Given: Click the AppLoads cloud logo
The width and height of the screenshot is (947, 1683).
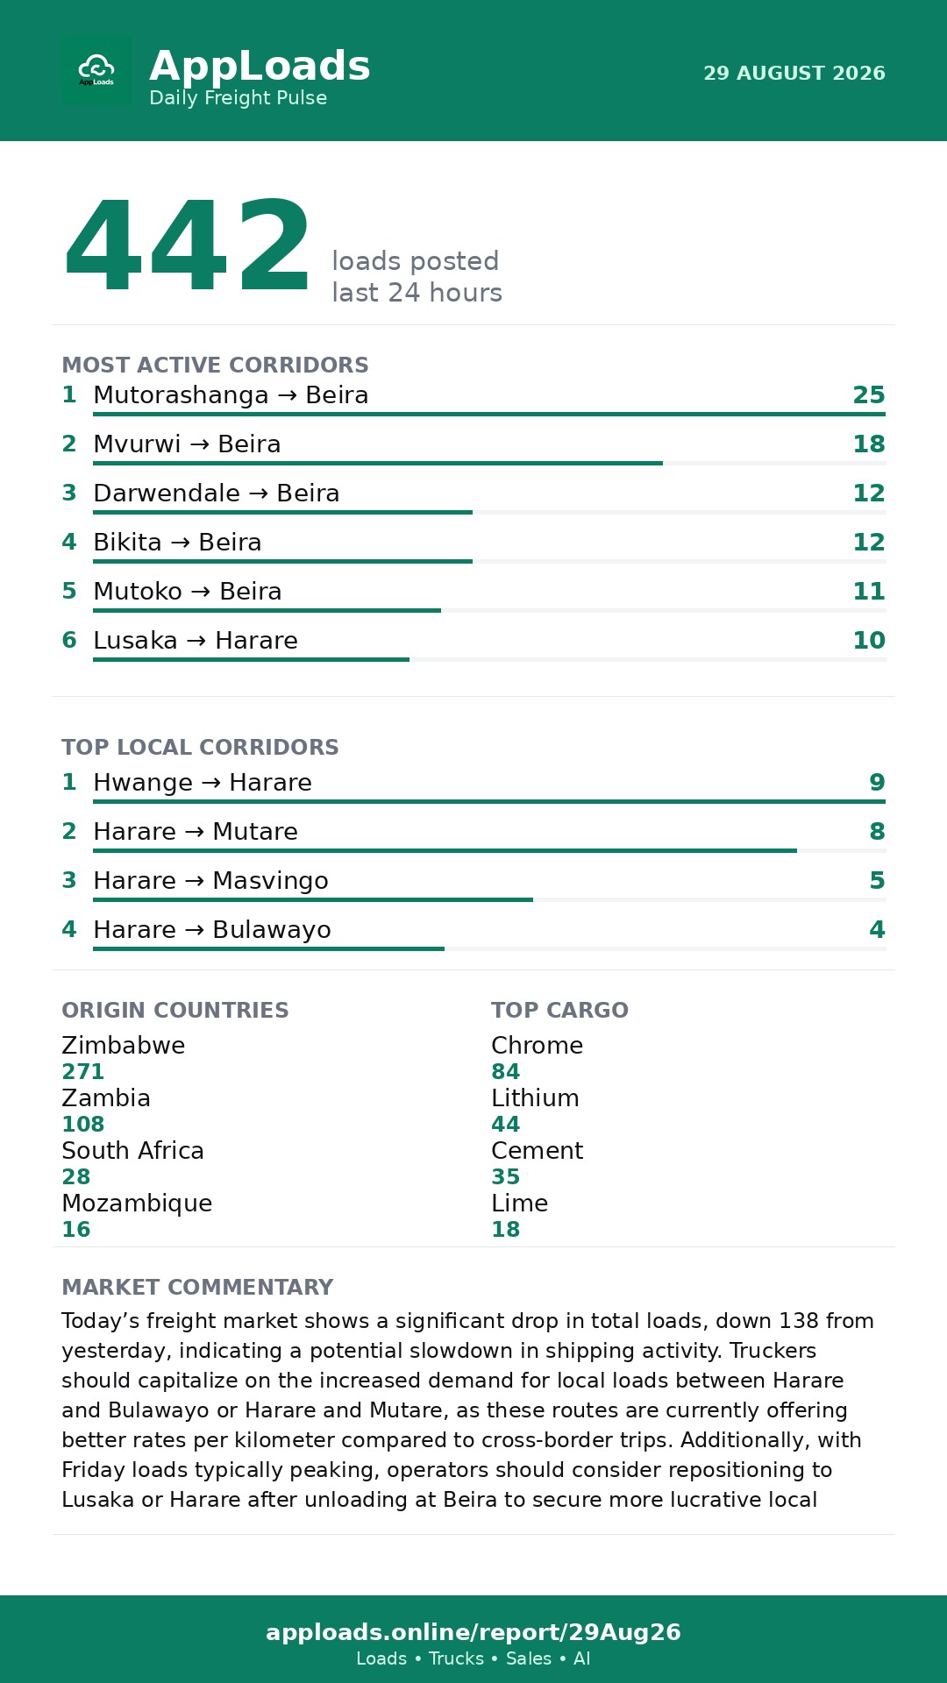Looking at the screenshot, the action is pyautogui.click(x=96, y=70).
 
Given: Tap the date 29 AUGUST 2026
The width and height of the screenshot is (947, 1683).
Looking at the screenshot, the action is pyautogui.click(x=794, y=73).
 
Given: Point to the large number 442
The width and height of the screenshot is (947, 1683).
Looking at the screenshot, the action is pyautogui.click(x=187, y=246).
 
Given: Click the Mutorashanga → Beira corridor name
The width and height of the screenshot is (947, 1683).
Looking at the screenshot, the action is pyautogui.click(x=231, y=395).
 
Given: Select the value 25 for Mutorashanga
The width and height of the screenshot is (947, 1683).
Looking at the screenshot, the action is pyautogui.click(x=869, y=395).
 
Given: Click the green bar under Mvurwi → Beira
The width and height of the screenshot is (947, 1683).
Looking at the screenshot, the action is pyautogui.click(x=378, y=463).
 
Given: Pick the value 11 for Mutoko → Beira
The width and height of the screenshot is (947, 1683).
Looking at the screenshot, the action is pyautogui.click(x=869, y=592).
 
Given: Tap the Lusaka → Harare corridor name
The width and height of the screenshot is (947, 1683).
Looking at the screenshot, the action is pyautogui.click(x=196, y=641).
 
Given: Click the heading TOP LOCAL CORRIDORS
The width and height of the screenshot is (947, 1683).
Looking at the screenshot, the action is pyautogui.click(x=200, y=747).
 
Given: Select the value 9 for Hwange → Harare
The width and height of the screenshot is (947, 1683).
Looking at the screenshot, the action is pyautogui.click(x=877, y=783).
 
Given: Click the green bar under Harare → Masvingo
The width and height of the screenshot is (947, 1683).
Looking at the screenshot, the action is pyautogui.click(x=313, y=899).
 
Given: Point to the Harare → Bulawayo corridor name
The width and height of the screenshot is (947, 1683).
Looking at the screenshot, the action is pyautogui.click(x=212, y=930).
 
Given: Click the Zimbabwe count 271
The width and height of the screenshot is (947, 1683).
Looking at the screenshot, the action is pyautogui.click(x=83, y=1072).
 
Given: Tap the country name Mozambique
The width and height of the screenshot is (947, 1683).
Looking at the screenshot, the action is pyautogui.click(x=137, y=1204).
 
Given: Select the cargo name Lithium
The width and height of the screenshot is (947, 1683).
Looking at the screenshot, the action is pyautogui.click(x=535, y=1098).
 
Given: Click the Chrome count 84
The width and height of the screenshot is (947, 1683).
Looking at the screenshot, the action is pyautogui.click(x=506, y=1072).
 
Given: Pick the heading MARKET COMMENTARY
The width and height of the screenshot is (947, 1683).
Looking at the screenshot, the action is pyautogui.click(x=197, y=1287).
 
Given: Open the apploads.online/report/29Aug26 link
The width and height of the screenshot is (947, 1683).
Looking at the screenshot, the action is pyautogui.click(x=473, y=1632).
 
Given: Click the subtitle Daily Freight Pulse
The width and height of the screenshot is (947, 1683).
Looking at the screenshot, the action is pyautogui.click(x=239, y=98).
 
